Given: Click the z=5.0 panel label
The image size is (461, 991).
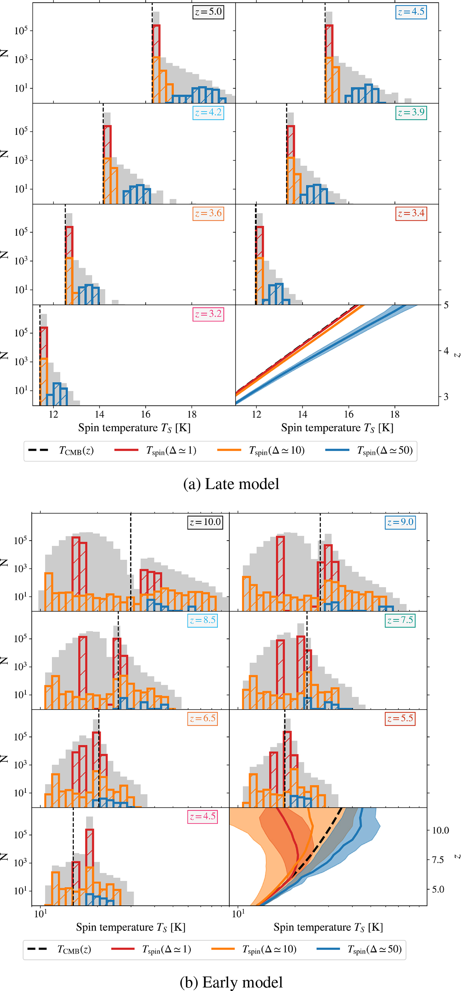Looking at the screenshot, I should (x=208, y=12).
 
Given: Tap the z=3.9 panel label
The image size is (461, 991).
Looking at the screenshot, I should (x=411, y=113).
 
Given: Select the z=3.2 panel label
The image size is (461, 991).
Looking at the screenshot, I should (x=208, y=314).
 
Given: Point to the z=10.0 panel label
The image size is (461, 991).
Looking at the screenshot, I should (x=205, y=522).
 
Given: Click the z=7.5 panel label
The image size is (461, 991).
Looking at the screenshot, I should (x=400, y=620).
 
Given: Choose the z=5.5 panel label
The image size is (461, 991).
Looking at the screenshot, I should (x=400, y=718).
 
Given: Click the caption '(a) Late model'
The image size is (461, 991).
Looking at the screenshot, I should (x=231, y=484).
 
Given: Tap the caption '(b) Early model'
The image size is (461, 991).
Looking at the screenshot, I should (x=231, y=982).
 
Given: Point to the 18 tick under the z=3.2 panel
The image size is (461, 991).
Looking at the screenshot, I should (x=192, y=415).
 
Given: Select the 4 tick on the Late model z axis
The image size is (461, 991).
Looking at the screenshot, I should (x=446, y=351).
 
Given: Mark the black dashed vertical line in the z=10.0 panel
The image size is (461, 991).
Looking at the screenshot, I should (x=131, y=562).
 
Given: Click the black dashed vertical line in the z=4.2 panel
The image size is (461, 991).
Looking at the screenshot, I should (x=103, y=154).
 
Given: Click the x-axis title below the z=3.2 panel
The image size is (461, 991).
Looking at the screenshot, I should (x=134, y=428).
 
